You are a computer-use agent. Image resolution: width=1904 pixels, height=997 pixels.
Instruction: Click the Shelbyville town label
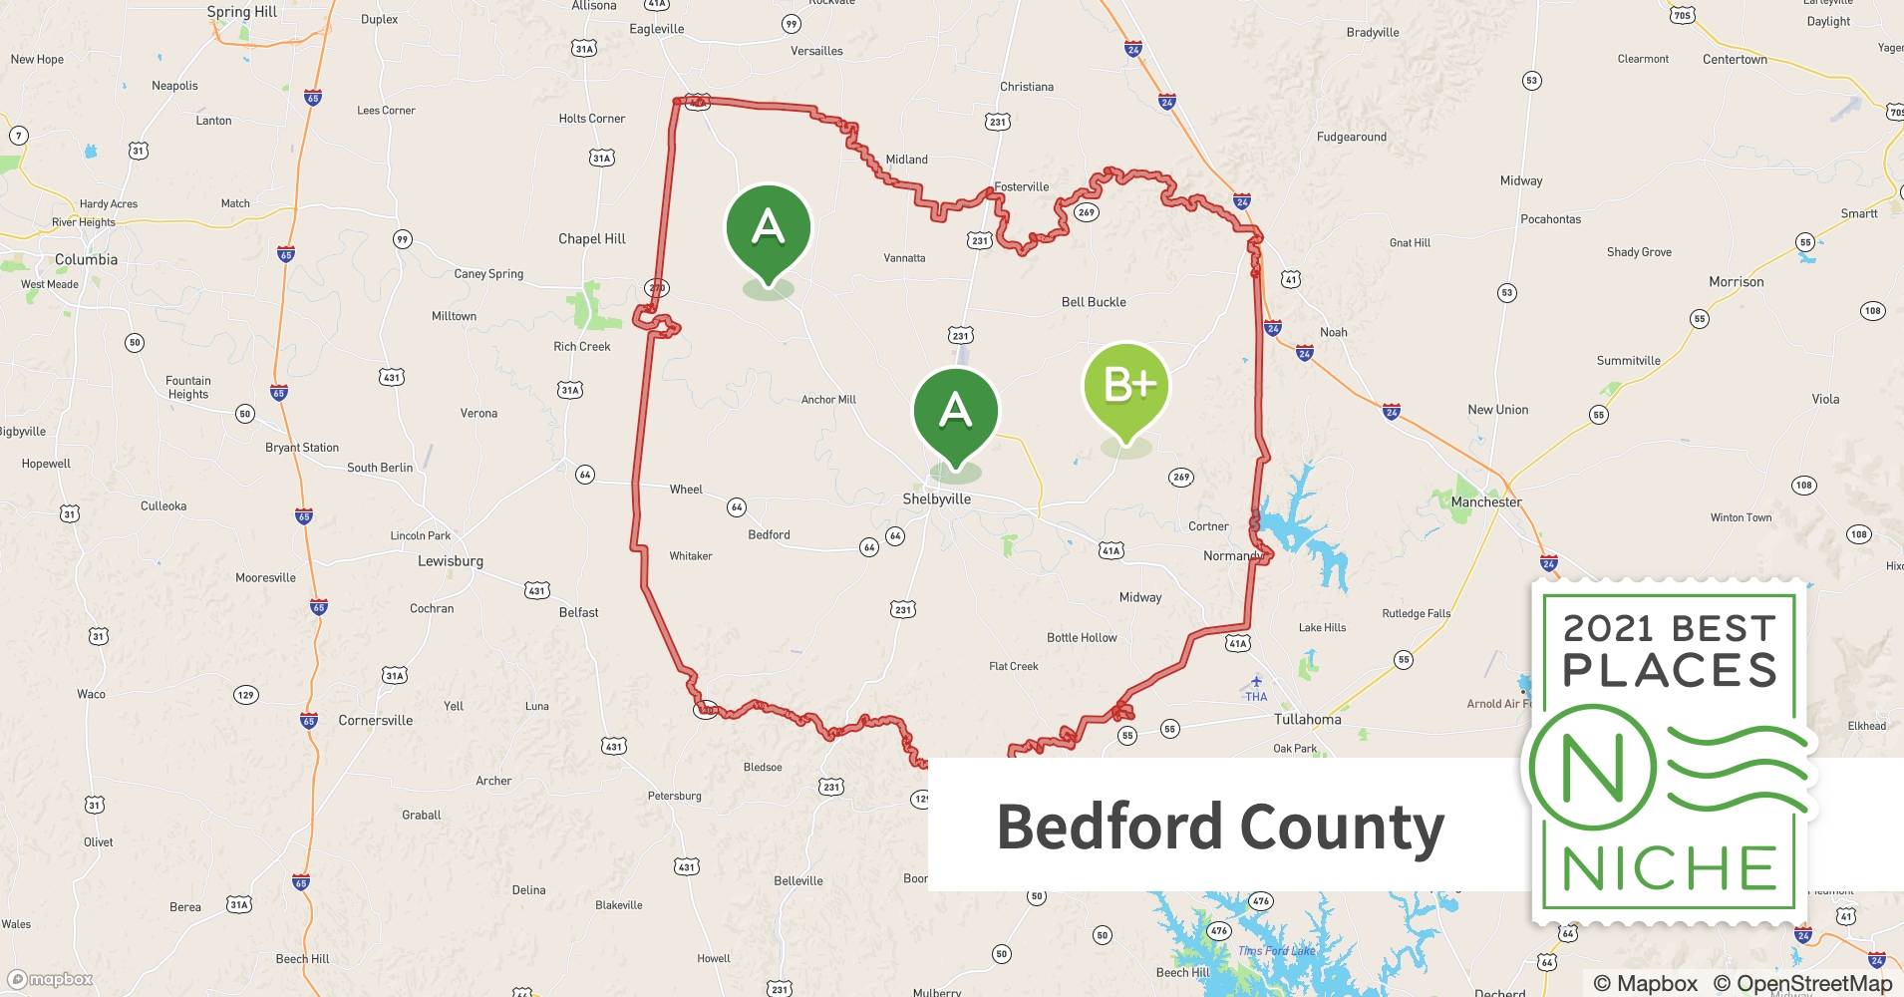[x=936, y=498]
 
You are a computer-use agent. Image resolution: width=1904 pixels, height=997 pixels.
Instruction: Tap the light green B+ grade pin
[x=1126, y=387]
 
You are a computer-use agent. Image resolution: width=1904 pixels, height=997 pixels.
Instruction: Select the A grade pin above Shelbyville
[x=955, y=412]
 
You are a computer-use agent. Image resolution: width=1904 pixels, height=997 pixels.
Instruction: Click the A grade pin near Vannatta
[x=768, y=228]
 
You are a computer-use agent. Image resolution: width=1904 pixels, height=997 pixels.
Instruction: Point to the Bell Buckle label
[x=1094, y=302]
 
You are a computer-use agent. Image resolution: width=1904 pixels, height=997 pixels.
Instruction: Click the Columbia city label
[x=86, y=259]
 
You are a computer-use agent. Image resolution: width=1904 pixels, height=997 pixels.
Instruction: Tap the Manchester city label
[x=1486, y=501]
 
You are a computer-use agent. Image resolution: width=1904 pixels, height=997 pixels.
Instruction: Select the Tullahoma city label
[x=1307, y=719]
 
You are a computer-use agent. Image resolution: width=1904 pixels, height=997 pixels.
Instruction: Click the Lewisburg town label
[x=450, y=560]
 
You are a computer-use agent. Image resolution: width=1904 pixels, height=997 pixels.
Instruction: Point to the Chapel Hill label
[x=592, y=238]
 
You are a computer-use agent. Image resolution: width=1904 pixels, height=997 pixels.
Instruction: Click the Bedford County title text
[x=1220, y=827]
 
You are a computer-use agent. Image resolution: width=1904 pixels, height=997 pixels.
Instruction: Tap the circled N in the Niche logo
[x=1592, y=768]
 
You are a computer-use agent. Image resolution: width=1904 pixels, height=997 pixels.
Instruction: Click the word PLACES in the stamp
[x=1670, y=670]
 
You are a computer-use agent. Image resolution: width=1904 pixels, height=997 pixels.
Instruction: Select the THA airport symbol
[x=1256, y=683]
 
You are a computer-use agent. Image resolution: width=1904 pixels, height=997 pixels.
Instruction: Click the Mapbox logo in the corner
[x=50, y=979]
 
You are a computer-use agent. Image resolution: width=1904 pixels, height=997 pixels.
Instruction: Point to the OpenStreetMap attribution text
[x=1802, y=983]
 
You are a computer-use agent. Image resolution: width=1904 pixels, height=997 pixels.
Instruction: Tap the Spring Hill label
[x=242, y=12]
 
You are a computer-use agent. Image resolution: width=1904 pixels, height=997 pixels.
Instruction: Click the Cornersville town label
[x=375, y=720]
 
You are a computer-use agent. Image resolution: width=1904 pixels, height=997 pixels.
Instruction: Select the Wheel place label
[x=686, y=490]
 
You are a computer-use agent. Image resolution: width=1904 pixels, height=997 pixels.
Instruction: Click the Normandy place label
[x=1232, y=555]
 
